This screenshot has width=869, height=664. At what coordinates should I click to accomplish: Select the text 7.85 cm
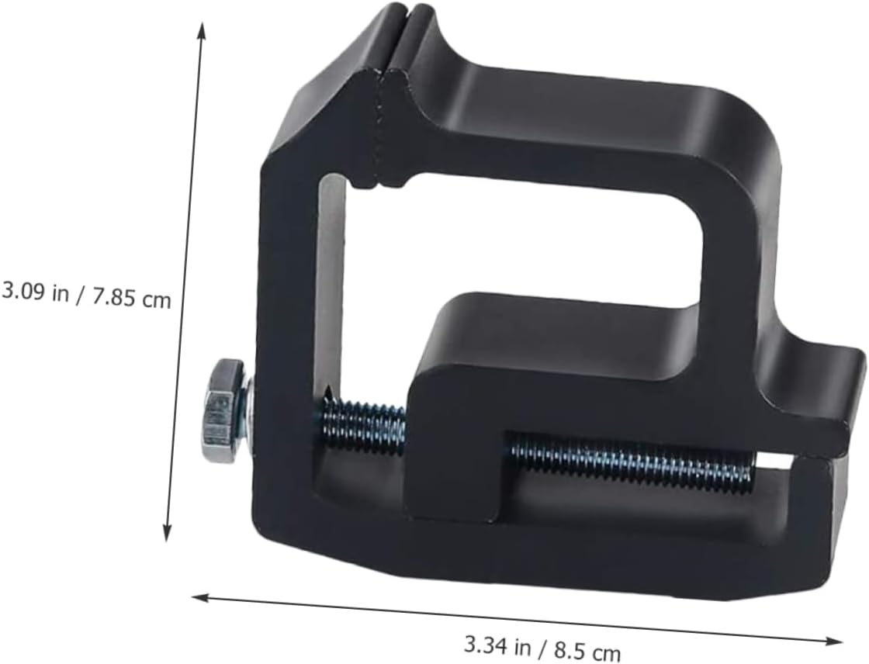[130, 298]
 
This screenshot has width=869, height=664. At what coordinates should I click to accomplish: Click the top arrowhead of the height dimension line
[203, 29]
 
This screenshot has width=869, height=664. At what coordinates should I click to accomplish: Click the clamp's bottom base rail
[543, 559]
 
